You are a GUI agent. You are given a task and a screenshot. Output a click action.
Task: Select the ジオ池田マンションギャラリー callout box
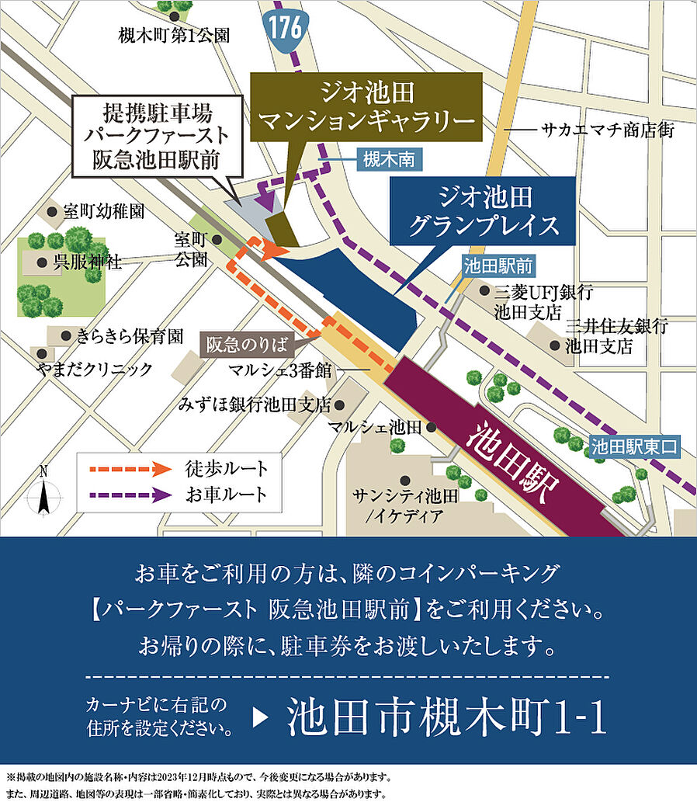366,108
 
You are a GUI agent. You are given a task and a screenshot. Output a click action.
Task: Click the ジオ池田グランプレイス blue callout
484,211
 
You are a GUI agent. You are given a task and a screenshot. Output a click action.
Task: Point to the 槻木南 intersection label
390,160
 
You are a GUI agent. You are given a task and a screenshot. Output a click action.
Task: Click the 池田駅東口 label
634,446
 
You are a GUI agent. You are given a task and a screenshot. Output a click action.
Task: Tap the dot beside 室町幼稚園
52,211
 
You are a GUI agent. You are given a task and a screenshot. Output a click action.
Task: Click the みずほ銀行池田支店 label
254,404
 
